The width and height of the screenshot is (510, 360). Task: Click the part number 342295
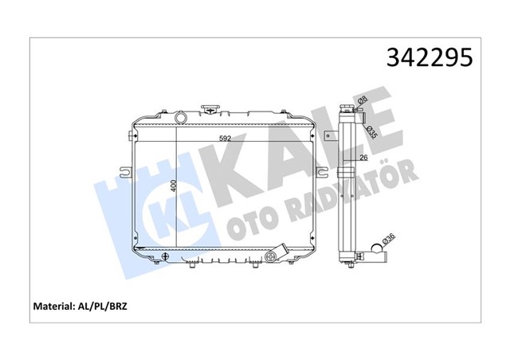(430, 59)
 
